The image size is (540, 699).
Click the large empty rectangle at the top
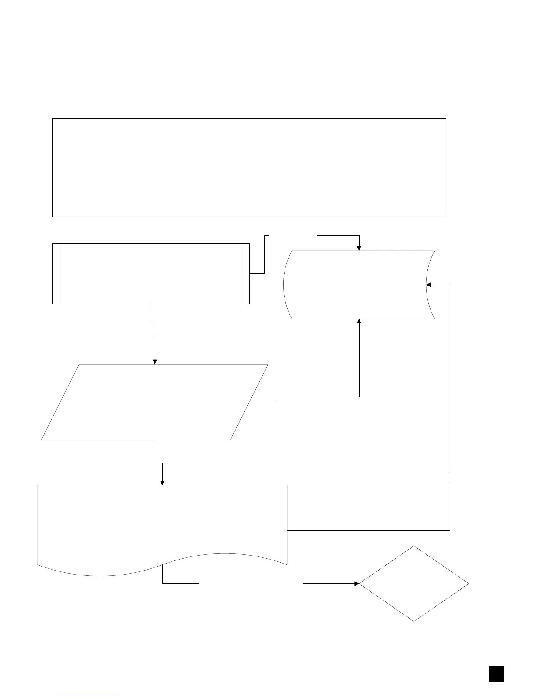point(249,167)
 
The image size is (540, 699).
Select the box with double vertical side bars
point(151,273)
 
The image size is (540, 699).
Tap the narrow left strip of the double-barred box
point(56,273)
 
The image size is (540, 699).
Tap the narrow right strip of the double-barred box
point(246,273)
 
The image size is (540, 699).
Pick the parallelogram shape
point(154,402)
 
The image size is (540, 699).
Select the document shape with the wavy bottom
point(162,525)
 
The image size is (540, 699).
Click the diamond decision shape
point(414,583)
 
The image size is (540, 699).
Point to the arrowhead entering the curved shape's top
point(359,248)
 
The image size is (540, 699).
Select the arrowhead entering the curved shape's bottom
point(359,321)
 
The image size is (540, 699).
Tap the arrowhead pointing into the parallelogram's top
point(154,361)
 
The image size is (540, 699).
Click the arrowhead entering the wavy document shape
point(162,482)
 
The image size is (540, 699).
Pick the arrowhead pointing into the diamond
point(356,583)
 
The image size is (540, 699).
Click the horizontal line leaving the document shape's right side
point(368,530)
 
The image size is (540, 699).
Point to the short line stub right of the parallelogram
point(263,402)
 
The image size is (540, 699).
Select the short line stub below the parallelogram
point(155,447)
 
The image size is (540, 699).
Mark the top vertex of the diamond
point(414,546)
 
